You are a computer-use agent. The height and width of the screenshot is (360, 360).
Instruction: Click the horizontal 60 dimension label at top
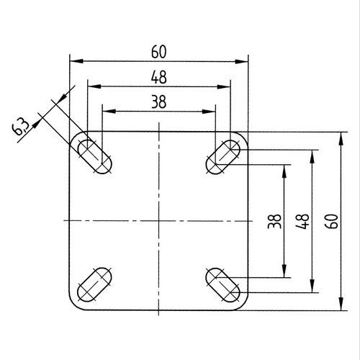(x=159, y=52)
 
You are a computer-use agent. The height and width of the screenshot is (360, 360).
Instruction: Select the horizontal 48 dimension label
(x=159, y=77)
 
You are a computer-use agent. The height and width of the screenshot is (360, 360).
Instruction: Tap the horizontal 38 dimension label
(x=159, y=102)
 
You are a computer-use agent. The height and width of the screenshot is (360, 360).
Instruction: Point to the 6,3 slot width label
(x=21, y=127)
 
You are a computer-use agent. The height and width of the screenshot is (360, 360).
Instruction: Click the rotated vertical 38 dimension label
(x=274, y=221)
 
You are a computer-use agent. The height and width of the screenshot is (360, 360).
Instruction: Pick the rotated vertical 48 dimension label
(x=302, y=221)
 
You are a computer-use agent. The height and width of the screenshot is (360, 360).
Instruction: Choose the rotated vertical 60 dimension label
(x=331, y=221)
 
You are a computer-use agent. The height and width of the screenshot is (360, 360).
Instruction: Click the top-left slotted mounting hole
(x=94, y=156)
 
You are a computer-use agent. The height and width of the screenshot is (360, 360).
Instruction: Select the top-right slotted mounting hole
(x=223, y=157)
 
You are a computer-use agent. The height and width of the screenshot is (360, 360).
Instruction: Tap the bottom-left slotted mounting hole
(x=94, y=284)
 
